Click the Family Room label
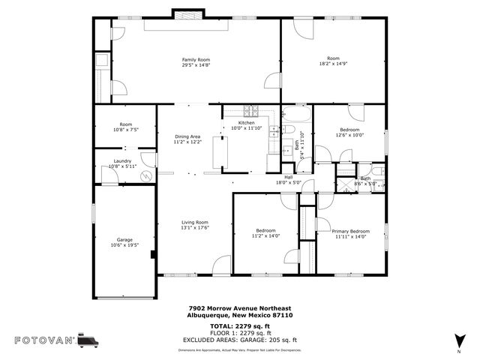pyautogui.click(x=196, y=59)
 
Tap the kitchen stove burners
pyautogui.click(x=249, y=111)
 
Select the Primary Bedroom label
pyautogui.click(x=350, y=231)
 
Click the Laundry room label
pyautogui.click(x=124, y=160)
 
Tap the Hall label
pyautogui.click(x=288, y=177)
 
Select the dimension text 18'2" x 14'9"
pyautogui.click(x=333, y=63)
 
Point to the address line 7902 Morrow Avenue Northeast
pyautogui.click(x=239, y=308)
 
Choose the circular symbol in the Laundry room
pyautogui.click(x=147, y=175)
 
